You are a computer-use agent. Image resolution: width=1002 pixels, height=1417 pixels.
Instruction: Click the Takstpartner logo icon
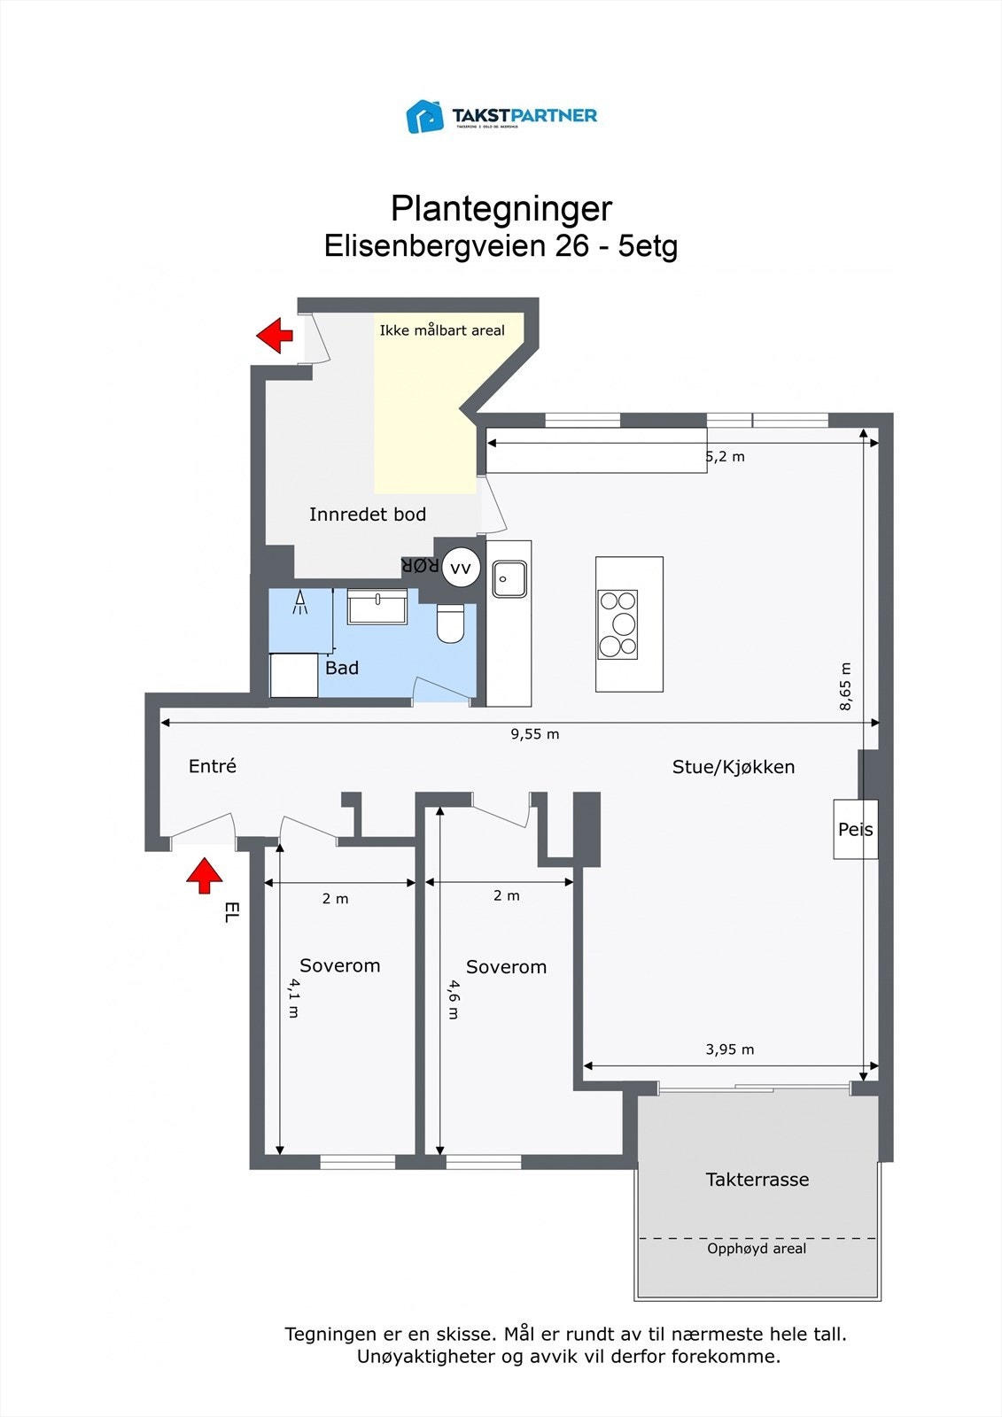[x=424, y=116]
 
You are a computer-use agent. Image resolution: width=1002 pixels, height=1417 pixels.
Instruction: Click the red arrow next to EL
[x=205, y=875]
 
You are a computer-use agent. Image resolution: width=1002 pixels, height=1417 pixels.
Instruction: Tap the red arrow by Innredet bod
[x=276, y=336]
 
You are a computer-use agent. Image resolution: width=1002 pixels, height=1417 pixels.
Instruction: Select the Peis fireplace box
[x=855, y=829]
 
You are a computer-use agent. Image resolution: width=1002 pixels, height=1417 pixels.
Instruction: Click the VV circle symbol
[x=460, y=569]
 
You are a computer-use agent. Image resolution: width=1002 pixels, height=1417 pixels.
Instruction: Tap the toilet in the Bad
[x=450, y=623]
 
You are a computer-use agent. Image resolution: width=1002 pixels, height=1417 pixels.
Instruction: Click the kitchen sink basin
[x=509, y=579]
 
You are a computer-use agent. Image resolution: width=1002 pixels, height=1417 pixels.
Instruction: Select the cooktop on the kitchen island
[x=618, y=624]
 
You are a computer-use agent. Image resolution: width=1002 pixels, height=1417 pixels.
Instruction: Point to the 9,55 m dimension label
[x=534, y=734]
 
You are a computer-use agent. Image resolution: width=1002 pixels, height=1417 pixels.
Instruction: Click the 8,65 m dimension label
[x=845, y=686]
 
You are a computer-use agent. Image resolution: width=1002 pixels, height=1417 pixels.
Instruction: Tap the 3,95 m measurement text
[x=729, y=1049]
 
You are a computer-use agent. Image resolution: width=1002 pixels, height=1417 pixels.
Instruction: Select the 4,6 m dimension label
[x=453, y=999]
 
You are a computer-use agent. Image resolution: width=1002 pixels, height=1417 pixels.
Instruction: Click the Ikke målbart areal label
[x=442, y=330]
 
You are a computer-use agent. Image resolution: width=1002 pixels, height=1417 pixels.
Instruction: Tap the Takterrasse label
[x=757, y=1180]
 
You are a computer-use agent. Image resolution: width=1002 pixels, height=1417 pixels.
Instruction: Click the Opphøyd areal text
[x=757, y=1249]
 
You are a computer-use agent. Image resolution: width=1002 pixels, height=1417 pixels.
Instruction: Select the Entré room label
[x=213, y=767]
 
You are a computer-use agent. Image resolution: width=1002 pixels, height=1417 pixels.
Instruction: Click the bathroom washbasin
[x=377, y=608]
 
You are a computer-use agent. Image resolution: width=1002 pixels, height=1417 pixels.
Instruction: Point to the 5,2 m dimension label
[x=725, y=457]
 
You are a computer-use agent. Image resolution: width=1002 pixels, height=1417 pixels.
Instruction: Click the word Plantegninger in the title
[x=501, y=209]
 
